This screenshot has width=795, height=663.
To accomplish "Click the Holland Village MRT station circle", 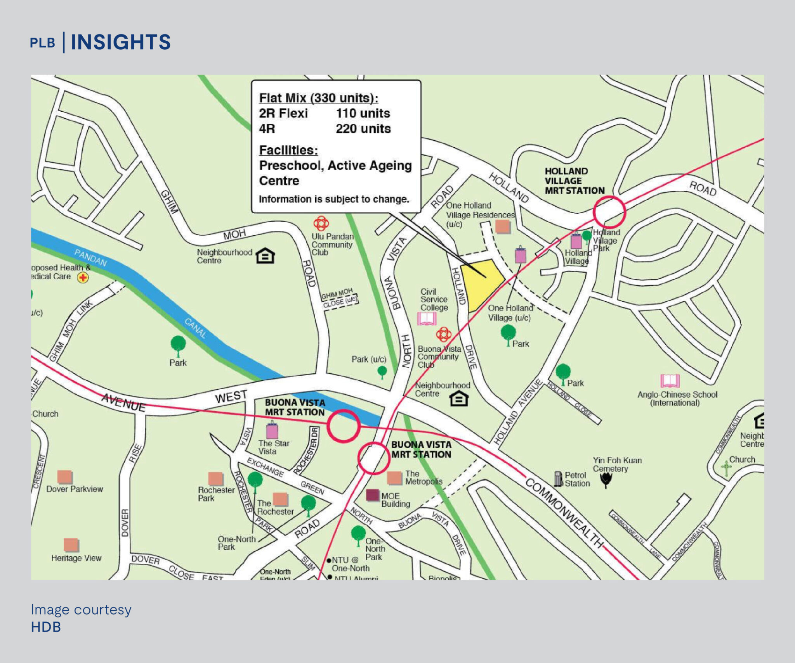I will tap(609, 212).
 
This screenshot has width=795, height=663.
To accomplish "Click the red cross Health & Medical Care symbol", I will tap(83, 278).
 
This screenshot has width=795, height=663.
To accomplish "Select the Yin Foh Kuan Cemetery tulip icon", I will tap(606, 480).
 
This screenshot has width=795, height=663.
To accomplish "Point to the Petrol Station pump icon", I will tap(558, 479).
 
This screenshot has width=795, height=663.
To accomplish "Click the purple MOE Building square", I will tap(373, 495).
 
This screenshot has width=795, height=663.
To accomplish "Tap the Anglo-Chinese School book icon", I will tap(670, 381).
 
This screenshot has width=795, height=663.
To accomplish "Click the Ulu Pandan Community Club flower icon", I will tap(321, 223).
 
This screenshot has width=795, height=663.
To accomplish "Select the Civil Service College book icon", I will tap(427, 319).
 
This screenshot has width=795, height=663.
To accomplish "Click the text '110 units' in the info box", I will tap(363, 113).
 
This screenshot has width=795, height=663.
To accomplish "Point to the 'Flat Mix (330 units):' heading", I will tap(318, 98).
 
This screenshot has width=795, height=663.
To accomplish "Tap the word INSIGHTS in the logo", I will tap(121, 42).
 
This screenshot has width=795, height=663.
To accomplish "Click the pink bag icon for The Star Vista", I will tap(272, 431).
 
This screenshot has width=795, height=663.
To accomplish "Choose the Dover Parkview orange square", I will tap(64, 477).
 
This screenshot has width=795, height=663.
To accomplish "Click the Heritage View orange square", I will tap(71, 545).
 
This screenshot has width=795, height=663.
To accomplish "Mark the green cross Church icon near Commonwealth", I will tap(726, 468).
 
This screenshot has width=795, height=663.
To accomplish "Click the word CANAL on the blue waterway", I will tap(195, 328).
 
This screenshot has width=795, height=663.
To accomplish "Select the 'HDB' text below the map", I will tap(46, 627).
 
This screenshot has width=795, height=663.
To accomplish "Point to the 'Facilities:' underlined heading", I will tap(288, 150).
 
